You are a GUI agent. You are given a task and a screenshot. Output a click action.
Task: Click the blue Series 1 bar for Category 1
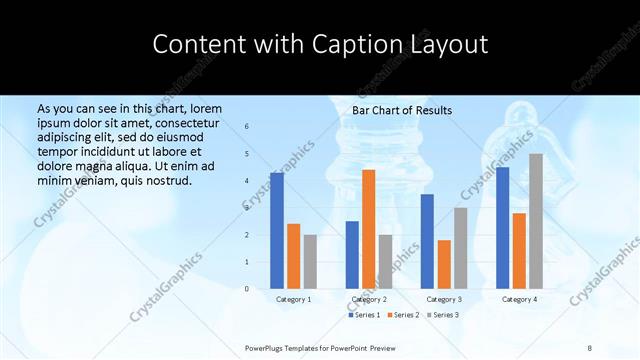pyautogui.click(x=277, y=231)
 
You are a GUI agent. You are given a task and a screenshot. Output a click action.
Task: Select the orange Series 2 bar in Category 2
pyautogui.click(x=369, y=229)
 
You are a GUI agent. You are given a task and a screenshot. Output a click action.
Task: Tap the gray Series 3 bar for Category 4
pyautogui.click(x=536, y=221)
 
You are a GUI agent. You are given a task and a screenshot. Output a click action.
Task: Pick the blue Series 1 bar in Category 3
pyautogui.click(x=427, y=241)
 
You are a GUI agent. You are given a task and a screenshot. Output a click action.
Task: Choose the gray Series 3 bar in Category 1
pyautogui.click(x=310, y=262)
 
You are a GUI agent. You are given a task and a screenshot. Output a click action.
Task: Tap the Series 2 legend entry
pyautogui.click(x=403, y=315)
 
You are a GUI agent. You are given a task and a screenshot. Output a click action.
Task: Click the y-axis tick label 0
pyautogui.click(x=247, y=289)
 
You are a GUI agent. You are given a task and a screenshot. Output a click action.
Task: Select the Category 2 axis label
pyautogui.click(x=369, y=299)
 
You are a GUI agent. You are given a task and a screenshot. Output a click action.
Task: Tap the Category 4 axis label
pyautogui.click(x=519, y=299)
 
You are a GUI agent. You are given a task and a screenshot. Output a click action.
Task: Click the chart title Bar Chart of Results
pyautogui.click(x=402, y=110)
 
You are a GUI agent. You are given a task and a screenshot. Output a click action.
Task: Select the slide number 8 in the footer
pyautogui.click(x=590, y=347)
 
